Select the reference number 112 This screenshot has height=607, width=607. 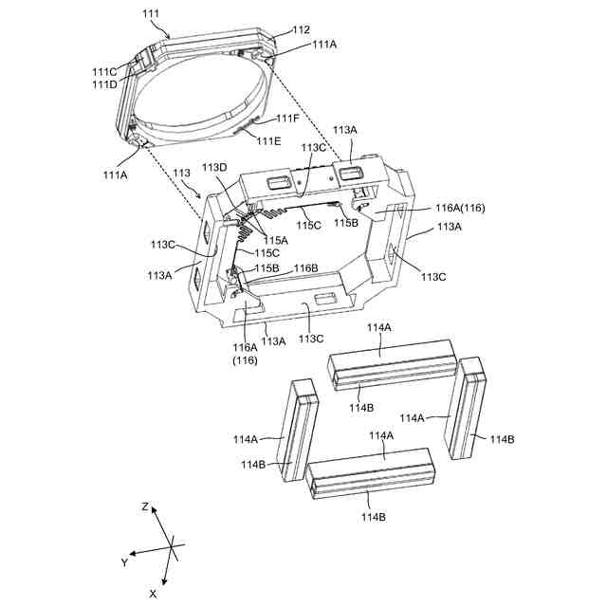(x=300, y=30)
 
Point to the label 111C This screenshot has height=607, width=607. (x=104, y=72)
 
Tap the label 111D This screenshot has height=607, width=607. (x=104, y=83)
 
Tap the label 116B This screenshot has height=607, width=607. (x=305, y=269)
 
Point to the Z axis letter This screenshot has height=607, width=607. (x=145, y=508)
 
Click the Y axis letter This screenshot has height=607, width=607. (x=123, y=562)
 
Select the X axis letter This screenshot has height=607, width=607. (x=153, y=593)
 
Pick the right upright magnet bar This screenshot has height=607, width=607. (x=470, y=408)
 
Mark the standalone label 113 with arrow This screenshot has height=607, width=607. (x=182, y=175)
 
